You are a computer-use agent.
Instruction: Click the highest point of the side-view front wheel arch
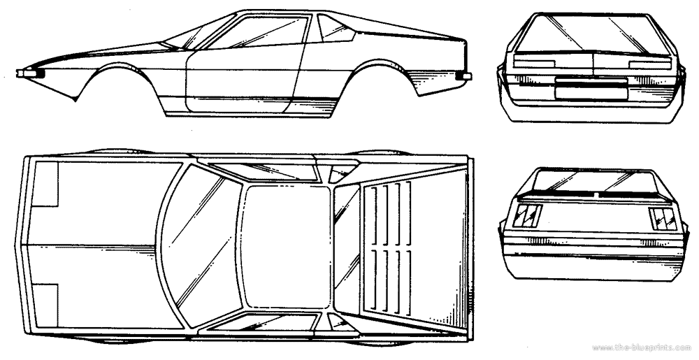(117, 64)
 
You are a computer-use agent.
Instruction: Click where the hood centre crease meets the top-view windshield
(157, 246)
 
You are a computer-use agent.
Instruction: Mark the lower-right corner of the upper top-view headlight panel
(58, 206)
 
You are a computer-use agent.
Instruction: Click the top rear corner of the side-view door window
(308, 17)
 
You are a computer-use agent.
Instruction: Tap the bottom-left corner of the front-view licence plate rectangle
(556, 97)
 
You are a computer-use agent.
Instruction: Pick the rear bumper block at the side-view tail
(465, 76)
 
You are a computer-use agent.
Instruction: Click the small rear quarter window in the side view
(334, 28)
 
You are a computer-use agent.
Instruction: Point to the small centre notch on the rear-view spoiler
(596, 194)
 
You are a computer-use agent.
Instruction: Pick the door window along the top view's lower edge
(263, 322)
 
